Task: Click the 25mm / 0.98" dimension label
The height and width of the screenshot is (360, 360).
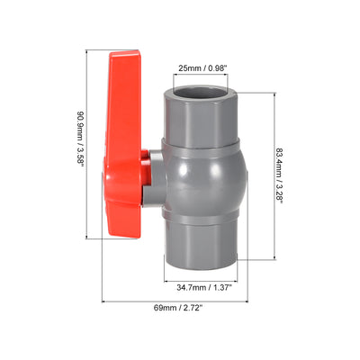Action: (x=202, y=66)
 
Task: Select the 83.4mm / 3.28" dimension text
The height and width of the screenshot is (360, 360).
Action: (x=283, y=177)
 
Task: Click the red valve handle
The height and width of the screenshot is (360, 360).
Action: (x=127, y=144)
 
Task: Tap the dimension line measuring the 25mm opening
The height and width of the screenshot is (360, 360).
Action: (x=202, y=76)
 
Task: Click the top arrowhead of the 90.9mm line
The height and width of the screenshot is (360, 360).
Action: (x=86, y=54)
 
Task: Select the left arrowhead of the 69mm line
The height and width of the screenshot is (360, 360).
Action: (x=104, y=301)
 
